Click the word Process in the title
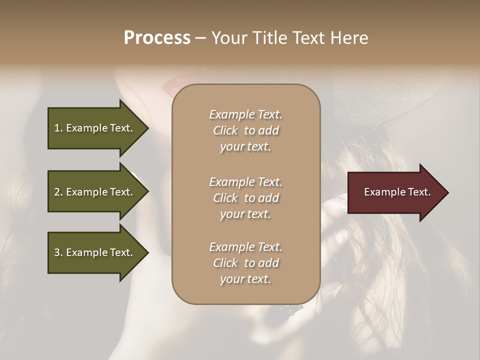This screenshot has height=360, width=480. point(157,38)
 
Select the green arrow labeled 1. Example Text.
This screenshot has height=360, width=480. point(95,128)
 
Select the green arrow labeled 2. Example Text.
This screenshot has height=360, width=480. point(95,192)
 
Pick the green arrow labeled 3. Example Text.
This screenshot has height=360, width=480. point(95,252)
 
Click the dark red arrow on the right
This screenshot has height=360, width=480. point(395,192)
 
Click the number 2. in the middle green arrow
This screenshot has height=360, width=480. point(58,192)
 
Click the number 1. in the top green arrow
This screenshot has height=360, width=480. point(58,128)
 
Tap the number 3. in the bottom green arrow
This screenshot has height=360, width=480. point(58,252)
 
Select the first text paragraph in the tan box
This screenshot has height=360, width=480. point(245,130)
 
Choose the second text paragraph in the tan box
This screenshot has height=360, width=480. point(245,198)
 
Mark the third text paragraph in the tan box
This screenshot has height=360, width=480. point(245,263)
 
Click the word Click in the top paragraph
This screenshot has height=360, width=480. point(225,130)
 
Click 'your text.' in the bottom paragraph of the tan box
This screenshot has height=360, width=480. point(245,279)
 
